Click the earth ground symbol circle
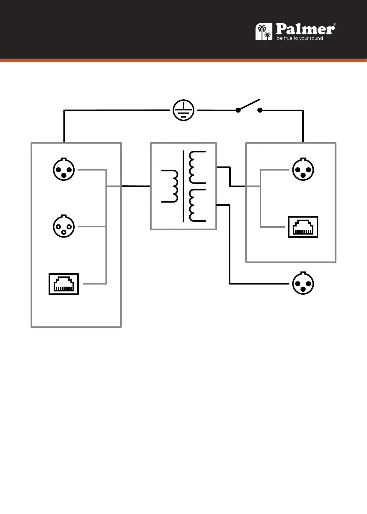coord(184,110)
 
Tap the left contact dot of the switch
coord(238,110)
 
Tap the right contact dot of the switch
coord(260,110)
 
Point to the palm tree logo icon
coord(264,32)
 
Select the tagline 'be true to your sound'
coord(300,39)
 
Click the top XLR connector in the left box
coord(64,169)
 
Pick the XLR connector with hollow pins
coord(64,226)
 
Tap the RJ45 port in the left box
coord(64,284)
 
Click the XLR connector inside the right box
coord(303,169)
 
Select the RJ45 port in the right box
coord(303,227)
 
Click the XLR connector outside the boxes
coord(303,283)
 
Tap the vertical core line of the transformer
coord(183,186)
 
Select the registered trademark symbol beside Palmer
coord(335,25)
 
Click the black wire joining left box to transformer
coord(135,186)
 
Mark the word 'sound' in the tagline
coord(316,39)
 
